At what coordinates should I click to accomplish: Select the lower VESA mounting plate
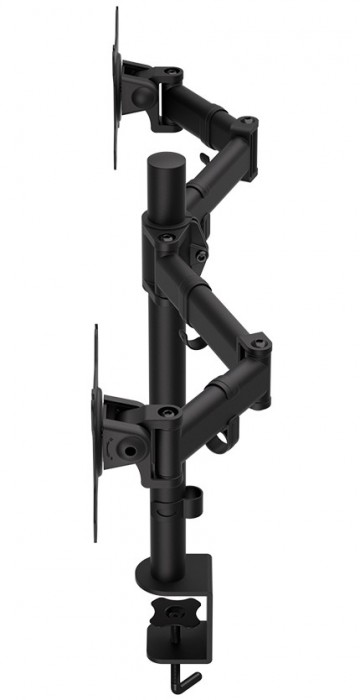click(97, 430)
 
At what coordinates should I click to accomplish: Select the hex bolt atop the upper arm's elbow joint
click(247, 122)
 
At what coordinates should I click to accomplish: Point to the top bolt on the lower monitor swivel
click(165, 409)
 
